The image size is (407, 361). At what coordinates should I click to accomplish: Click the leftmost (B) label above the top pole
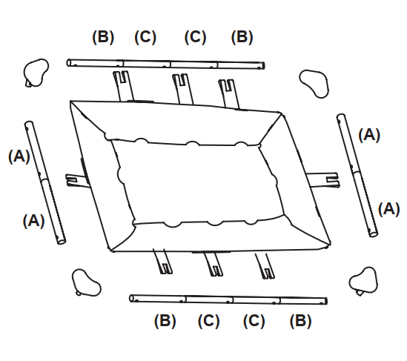click(103, 37)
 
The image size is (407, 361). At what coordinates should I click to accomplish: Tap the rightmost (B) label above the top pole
click(242, 37)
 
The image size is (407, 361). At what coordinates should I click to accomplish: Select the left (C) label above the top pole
click(145, 37)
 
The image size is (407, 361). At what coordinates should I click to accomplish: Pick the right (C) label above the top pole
click(195, 37)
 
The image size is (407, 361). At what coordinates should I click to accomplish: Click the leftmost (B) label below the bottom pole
click(165, 321)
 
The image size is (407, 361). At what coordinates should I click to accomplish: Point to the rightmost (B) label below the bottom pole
click(300, 321)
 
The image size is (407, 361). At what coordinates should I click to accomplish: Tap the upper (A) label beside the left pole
click(19, 156)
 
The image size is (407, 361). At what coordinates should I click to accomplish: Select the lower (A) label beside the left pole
click(34, 221)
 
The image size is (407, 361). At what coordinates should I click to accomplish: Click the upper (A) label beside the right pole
click(369, 135)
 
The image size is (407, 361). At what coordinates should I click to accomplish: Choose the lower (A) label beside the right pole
click(388, 209)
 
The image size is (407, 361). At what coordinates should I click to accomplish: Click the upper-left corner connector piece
click(36, 73)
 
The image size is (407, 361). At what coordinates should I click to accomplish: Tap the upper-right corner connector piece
click(315, 84)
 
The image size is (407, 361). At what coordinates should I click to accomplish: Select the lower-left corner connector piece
click(86, 283)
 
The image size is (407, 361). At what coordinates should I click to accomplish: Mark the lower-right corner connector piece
click(364, 281)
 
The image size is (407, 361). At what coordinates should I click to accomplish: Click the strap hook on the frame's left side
click(76, 181)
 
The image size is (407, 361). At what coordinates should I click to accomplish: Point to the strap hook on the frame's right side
click(323, 179)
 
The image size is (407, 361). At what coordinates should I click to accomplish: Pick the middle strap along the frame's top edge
click(182, 88)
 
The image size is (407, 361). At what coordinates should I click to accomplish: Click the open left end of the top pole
click(69, 63)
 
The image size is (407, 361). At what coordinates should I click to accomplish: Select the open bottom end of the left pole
click(62, 241)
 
